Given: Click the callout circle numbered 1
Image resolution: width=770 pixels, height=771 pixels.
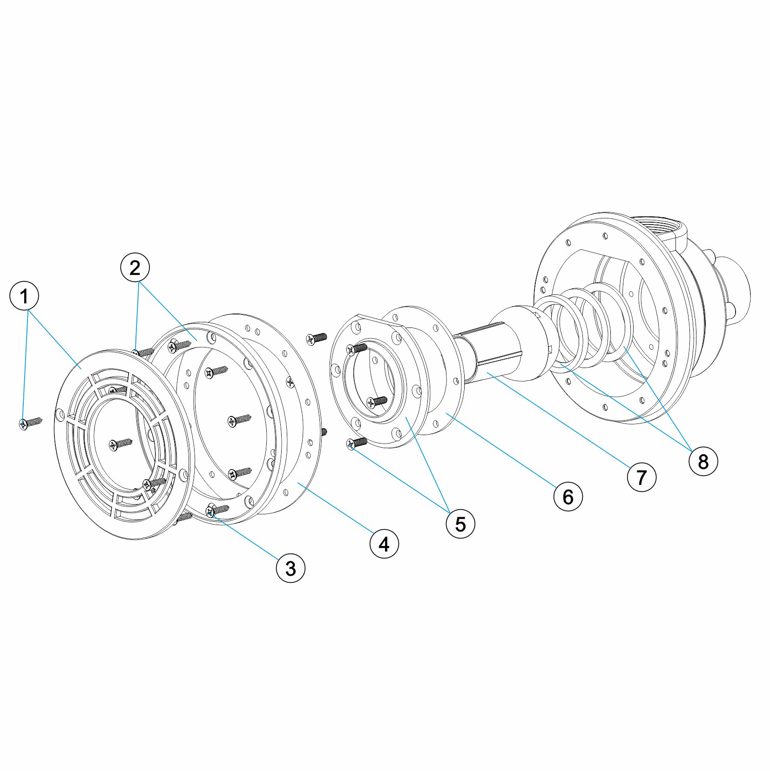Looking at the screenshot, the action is click(x=25, y=295).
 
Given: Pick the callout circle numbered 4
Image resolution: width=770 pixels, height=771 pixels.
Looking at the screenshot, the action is click(x=384, y=543).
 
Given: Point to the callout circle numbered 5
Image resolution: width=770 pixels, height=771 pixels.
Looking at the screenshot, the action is click(x=460, y=524).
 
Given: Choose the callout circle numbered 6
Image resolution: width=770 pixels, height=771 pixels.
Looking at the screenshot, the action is click(x=568, y=497).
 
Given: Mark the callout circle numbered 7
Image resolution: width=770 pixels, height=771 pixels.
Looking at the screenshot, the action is click(x=642, y=477).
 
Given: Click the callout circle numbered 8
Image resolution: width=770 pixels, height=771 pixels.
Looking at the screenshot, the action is click(x=703, y=461).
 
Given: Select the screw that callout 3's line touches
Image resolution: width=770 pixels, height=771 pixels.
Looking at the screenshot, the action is click(x=218, y=510).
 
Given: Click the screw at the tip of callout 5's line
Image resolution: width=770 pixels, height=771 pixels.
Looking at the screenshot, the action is click(x=357, y=443).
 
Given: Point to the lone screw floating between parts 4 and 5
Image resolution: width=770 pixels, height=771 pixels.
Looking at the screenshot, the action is click(x=317, y=337).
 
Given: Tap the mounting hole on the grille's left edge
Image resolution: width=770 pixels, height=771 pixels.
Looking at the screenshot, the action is click(x=60, y=412).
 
